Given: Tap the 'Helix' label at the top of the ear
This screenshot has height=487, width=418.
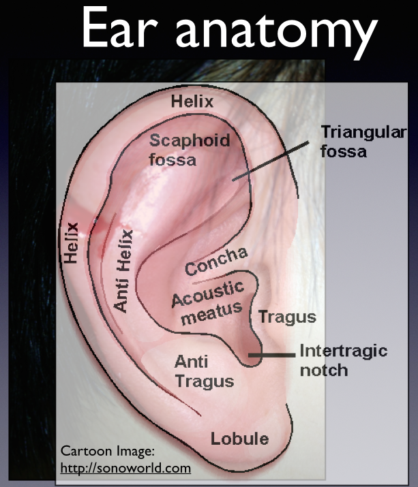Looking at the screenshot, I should pos(192,102).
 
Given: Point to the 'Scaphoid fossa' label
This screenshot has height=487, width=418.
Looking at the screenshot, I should pos(190,151).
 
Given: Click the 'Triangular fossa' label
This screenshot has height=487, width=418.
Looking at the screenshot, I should pos(354,141).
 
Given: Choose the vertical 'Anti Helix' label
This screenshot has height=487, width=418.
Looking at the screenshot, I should pos(123,270).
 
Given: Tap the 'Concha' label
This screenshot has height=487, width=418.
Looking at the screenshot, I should pos(215,261).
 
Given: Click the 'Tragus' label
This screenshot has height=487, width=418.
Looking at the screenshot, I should pos(286,317).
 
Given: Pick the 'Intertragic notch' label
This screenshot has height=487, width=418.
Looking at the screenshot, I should pos(343,361).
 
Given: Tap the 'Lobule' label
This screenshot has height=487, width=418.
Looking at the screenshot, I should pos(239,438).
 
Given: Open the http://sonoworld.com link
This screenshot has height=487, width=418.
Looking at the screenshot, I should pos(125,469).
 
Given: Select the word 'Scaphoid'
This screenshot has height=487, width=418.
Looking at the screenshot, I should pos(190,142).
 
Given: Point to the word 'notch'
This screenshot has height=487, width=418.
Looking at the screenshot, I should pos(324,371).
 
